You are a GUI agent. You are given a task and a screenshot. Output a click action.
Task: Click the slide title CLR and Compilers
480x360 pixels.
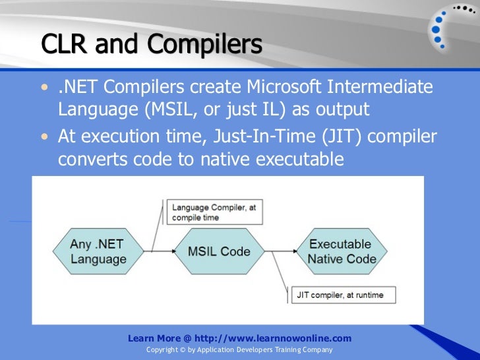(x=151, y=44)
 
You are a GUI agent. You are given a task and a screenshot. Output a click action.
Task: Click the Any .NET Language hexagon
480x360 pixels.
(x=97, y=251)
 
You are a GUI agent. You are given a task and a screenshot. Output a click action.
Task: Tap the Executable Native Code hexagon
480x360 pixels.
(x=342, y=251)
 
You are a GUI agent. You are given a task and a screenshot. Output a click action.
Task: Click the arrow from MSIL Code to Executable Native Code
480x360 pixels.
(x=280, y=251)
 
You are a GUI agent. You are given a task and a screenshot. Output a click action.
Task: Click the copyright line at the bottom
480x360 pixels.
(x=239, y=349)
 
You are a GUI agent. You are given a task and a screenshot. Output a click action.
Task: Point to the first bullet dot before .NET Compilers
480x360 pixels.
(x=44, y=87)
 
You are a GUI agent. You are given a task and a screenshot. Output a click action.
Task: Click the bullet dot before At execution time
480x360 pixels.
(x=44, y=136)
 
